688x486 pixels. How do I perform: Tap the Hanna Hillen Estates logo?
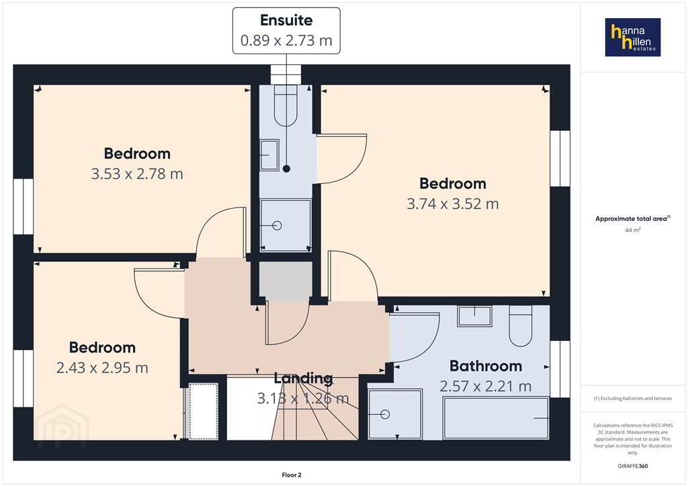[x=633, y=37]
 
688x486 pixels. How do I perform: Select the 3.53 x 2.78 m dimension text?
[x=137, y=174]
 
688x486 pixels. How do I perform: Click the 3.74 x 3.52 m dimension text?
[x=453, y=204]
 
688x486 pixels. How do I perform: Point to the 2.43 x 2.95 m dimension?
[x=102, y=368]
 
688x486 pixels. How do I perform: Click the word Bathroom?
[x=486, y=366]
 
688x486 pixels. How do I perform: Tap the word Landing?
[x=303, y=378]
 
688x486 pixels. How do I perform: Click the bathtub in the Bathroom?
[x=496, y=418]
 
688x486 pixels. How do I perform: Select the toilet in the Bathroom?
[x=521, y=326]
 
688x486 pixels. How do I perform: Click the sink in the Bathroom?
[x=474, y=315]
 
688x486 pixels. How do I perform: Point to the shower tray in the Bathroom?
[x=395, y=414]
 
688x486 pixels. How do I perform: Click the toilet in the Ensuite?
[x=286, y=105]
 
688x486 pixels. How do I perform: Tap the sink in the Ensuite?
[x=269, y=154]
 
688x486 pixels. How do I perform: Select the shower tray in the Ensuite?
[x=286, y=226]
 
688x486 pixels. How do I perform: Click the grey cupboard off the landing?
[x=286, y=281]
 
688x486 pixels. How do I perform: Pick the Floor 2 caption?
[x=292, y=475]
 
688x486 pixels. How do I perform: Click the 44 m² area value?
[x=633, y=230]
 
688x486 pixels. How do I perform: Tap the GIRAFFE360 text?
[x=633, y=466]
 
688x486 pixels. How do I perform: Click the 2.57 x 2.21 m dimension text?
[x=486, y=386]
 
